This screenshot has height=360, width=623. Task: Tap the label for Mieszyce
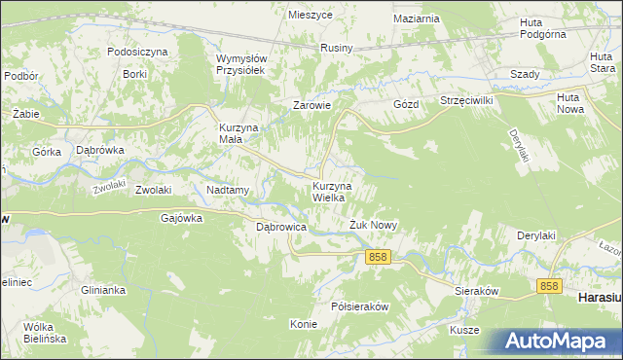[x=311, y=15]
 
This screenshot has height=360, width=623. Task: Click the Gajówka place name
[x=181, y=219]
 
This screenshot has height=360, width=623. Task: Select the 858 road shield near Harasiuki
[x=550, y=285]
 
